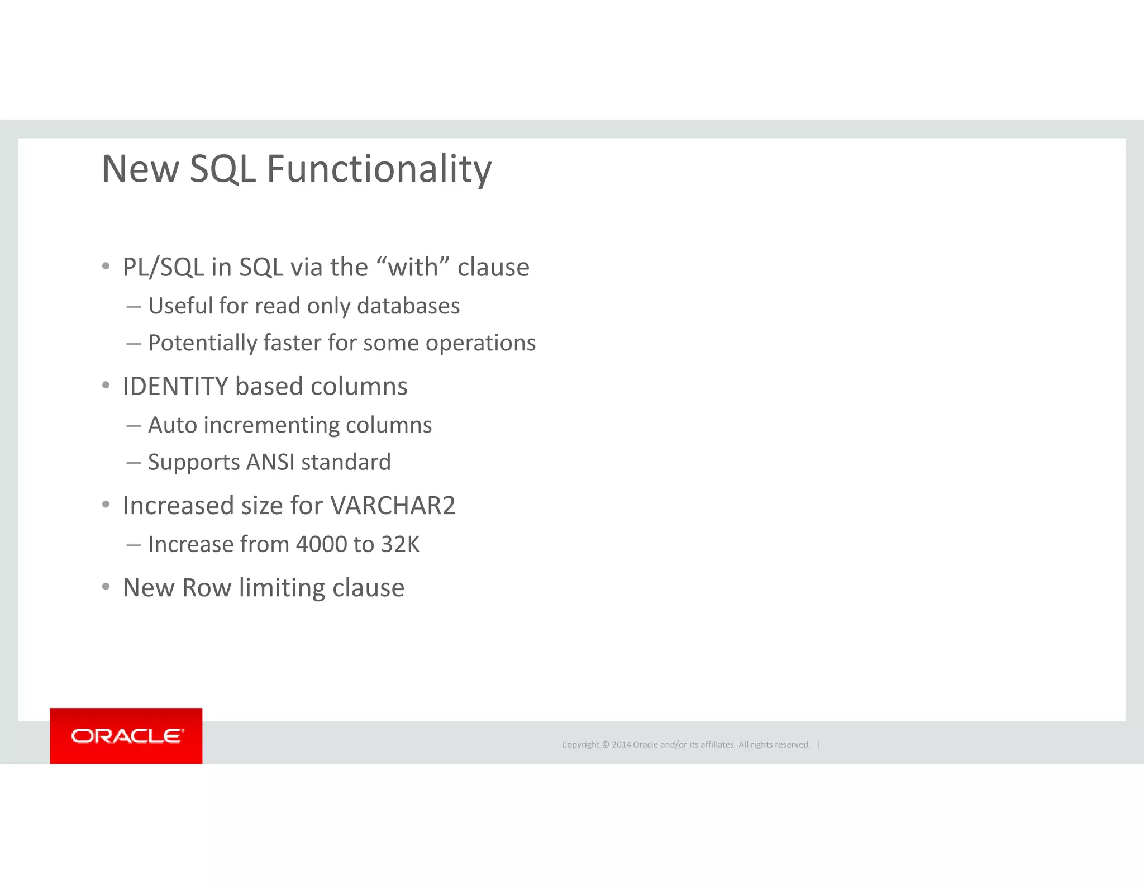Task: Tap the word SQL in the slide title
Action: point(222,169)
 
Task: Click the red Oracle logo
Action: point(126,736)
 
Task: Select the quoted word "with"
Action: point(413,267)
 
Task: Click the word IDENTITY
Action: point(175,387)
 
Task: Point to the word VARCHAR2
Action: point(393,506)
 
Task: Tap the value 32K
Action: point(400,544)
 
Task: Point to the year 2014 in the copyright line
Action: point(621,744)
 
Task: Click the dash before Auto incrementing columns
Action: point(134,426)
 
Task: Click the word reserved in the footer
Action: point(792,744)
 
